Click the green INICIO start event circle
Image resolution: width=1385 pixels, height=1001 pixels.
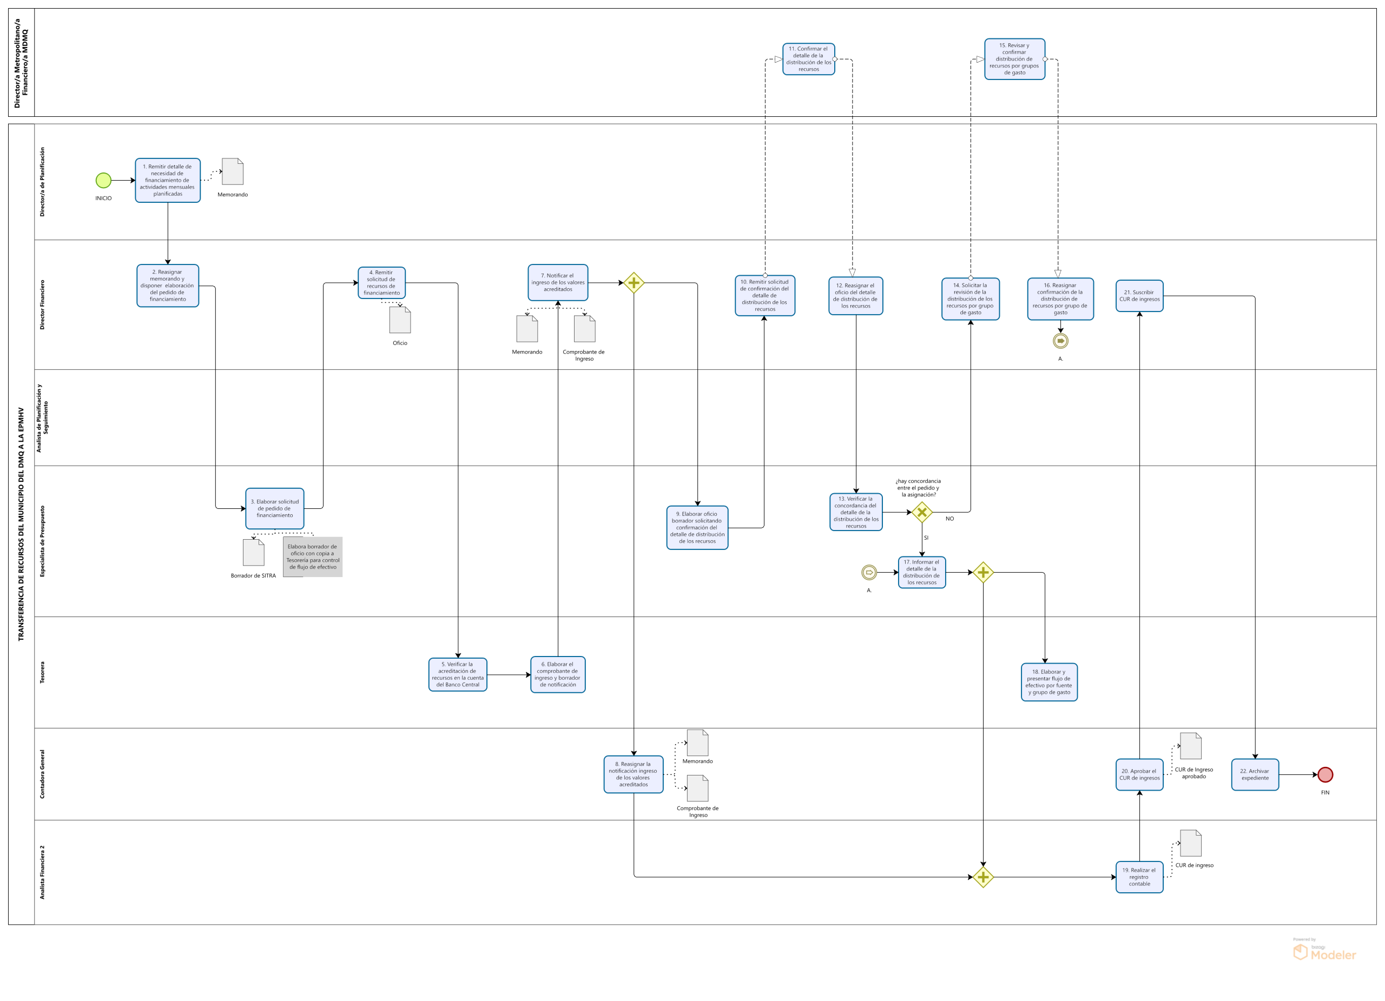[103, 180]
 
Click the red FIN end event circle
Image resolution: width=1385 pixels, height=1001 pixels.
[1325, 774]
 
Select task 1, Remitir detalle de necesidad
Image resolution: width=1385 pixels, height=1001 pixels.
[167, 180]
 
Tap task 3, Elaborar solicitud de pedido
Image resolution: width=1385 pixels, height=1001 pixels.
[275, 508]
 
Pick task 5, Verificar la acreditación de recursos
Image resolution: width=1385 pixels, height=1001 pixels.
[457, 674]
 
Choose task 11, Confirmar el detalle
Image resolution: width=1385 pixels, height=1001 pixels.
[808, 59]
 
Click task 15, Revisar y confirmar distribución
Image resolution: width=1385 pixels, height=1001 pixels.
[1014, 59]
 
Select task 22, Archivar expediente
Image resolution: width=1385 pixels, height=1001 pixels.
[1255, 774]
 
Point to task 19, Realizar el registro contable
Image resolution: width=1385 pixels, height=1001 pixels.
[1139, 877]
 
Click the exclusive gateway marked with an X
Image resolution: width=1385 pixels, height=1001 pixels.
[922, 512]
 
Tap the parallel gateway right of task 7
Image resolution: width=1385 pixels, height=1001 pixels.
[634, 283]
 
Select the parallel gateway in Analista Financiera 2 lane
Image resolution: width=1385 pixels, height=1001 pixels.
[983, 877]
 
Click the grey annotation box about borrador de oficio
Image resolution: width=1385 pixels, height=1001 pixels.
[313, 556]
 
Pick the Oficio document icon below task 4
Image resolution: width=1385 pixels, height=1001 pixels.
[400, 320]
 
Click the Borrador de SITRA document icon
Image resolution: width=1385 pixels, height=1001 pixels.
[253, 552]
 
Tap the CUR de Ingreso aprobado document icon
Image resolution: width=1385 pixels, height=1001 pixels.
[1190, 746]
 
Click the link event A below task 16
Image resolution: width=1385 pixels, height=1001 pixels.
[1061, 341]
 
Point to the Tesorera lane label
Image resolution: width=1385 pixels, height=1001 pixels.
[42, 672]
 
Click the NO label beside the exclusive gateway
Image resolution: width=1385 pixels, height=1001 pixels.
[949, 519]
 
